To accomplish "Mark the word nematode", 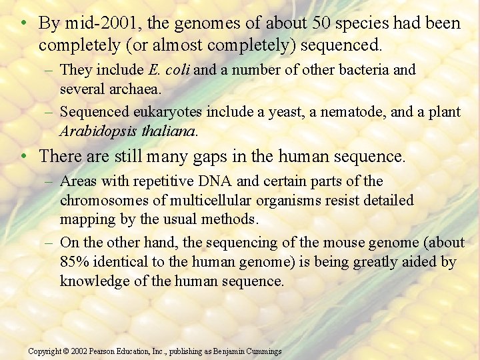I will (353, 112).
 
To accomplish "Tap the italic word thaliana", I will (166, 131).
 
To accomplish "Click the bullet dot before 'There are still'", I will (23, 156).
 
